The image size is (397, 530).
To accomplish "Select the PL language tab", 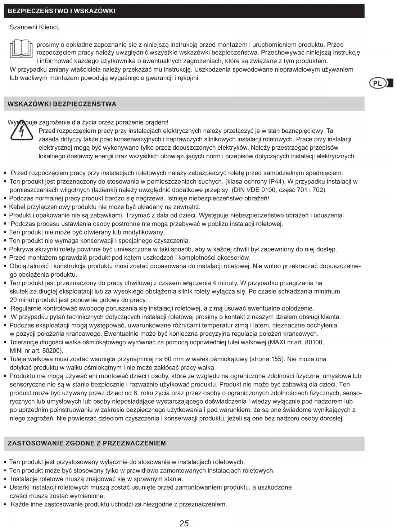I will click(378, 83).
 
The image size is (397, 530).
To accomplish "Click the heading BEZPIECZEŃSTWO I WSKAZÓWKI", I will click(62, 11).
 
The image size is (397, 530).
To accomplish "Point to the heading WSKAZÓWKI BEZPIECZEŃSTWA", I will click(62, 104).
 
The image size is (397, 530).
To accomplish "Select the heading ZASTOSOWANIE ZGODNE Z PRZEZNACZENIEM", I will click(87, 443).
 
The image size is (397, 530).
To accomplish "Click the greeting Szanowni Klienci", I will click(34, 27).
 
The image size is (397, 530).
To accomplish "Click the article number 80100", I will click(314, 342).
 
